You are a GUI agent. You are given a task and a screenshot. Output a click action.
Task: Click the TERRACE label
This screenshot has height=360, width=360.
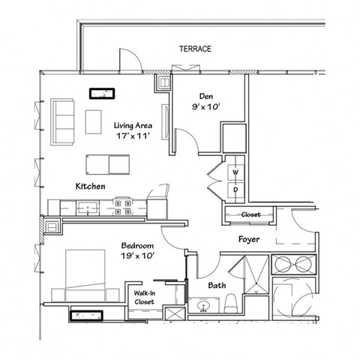pyautogui.click(x=195, y=49)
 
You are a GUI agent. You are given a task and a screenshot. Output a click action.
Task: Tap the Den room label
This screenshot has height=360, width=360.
pyautogui.click(x=208, y=96)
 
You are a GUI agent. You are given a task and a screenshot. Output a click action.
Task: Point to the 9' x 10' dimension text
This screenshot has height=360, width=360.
pyautogui.click(x=208, y=107)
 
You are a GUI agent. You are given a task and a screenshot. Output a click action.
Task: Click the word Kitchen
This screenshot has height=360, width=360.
pyautogui.click(x=90, y=185)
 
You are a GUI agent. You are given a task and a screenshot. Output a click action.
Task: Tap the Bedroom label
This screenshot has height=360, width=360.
pyautogui.click(x=137, y=245)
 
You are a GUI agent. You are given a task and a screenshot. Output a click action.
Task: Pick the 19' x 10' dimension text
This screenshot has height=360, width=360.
pyautogui.click(x=137, y=256)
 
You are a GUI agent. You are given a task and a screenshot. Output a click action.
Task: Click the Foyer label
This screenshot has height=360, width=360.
pyautogui.click(x=249, y=241)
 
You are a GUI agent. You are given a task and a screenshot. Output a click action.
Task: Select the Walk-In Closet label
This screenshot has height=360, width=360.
pyautogui.click(x=144, y=297)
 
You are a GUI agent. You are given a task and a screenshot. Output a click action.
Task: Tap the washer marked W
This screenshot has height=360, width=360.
pyautogui.click(x=234, y=172)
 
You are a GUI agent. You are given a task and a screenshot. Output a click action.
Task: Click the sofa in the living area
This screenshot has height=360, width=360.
pyautogui.click(x=63, y=122)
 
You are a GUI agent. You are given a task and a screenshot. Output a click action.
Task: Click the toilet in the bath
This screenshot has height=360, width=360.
pyautogui.click(x=231, y=304)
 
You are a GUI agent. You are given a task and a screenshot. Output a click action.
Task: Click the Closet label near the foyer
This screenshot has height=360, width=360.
pyautogui.click(x=250, y=214)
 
